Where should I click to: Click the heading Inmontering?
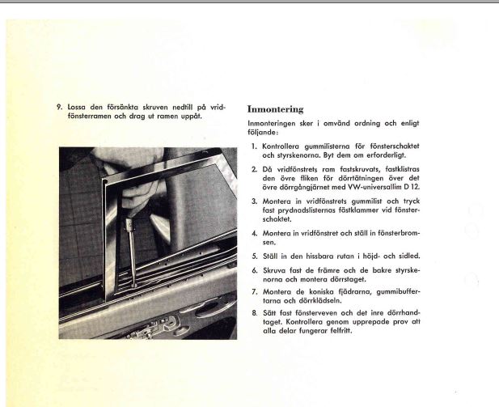pyautogui.click(x=275, y=109)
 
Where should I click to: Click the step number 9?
pyautogui.click(x=59, y=107)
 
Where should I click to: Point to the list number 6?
pyautogui.click(x=254, y=269)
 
